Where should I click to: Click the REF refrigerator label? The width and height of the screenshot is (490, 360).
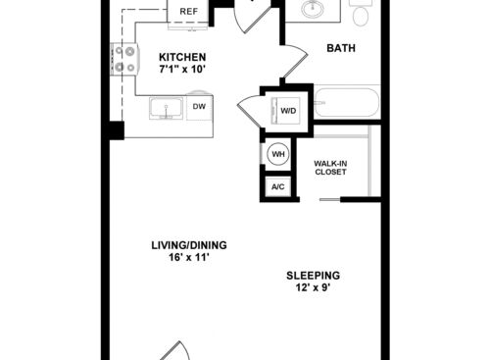pyautogui.click(x=189, y=12)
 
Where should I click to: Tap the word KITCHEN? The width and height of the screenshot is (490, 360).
pyautogui.click(x=182, y=57)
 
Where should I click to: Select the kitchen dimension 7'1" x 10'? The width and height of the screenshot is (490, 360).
pyautogui.click(x=182, y=70)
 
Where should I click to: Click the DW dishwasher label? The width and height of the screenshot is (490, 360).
pyautogui.click(x=199, y=106)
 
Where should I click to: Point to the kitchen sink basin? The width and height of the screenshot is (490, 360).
pyautogui.click(x=166, y=108)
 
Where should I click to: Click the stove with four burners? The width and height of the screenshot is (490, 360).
pyautogui.click(x=125, y=60)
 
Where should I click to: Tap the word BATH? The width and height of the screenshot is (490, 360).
pyautogui.click(x=341, y=48)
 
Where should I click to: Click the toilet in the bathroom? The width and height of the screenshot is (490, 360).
pyautogui.click(x=361, y=13)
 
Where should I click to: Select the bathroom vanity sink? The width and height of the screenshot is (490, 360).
pyautogui.click(x=313, y=8)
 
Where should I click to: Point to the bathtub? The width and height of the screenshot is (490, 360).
pyautogui.click(x=347, y=102)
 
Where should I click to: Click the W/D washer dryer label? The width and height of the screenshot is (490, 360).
pyautogui.click(x=288, y=111)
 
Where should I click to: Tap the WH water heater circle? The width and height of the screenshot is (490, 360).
pyautogui.click(x=278, y=154)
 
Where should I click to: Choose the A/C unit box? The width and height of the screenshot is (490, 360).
pyautogui.click(x=278, y=186)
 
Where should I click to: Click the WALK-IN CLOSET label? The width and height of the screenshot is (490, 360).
pyautogui.click(x=330, y=168)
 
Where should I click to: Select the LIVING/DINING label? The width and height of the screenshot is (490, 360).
pyautogui.click(x=189, y=245)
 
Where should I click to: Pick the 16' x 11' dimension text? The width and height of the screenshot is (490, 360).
pyautogui.click(x=189, y=257)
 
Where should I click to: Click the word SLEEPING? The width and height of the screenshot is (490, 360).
pyautogui.click(x=314, y=276)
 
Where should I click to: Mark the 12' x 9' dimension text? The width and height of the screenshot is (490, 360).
pyautogui.click(x=314, y=287)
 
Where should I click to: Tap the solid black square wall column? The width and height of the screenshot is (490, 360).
pyautogui.click(x=117, y=130)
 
